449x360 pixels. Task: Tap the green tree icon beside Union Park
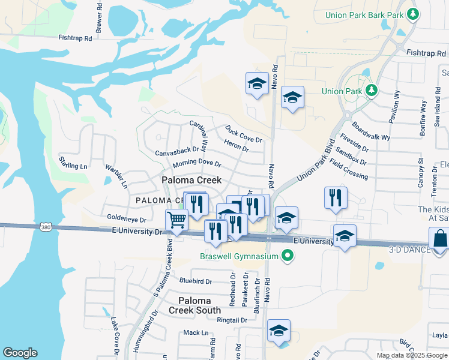372,91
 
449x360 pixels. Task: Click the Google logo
20,353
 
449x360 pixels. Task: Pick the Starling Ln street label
73,162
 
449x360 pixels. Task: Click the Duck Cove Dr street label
244,134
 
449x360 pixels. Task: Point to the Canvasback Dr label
177,152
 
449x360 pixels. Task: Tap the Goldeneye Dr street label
127,218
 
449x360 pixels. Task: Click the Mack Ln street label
196,332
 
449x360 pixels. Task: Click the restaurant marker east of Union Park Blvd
336,198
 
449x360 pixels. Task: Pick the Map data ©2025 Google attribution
411,355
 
